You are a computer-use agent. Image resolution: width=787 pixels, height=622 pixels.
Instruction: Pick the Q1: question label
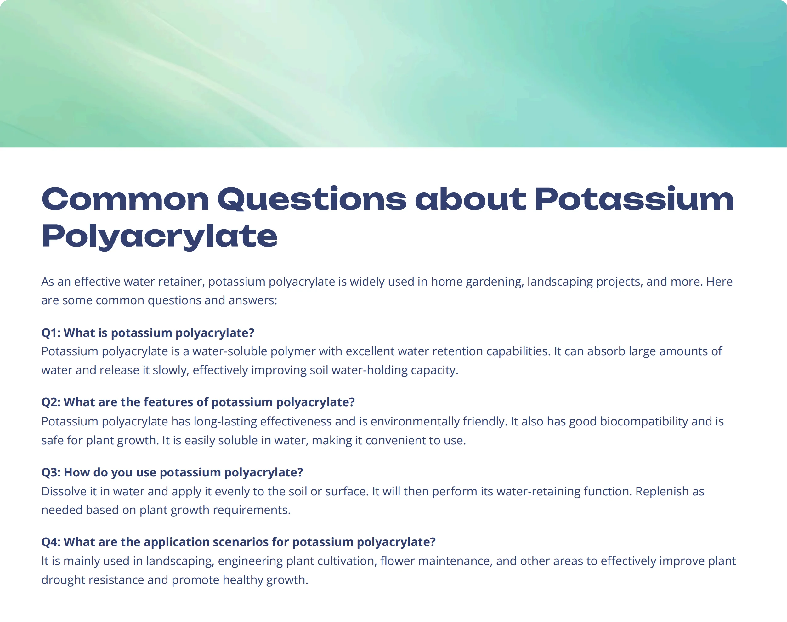click(51, 333)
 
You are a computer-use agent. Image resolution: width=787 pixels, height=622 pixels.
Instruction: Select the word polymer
click(293, 351)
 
